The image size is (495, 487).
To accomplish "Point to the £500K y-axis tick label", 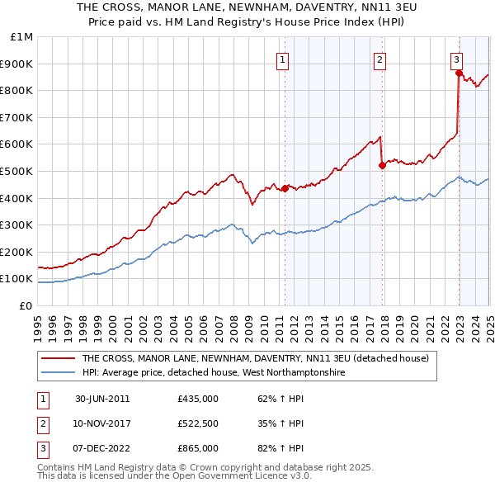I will click(x=19, y=171).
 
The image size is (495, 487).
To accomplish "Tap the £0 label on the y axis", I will click(x=26, y=305).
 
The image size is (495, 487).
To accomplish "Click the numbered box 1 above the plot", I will click(x=282, y=59).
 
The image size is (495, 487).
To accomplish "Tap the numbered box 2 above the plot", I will click(x=379, y=59).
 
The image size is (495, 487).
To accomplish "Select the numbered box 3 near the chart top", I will click(x=456, y=59).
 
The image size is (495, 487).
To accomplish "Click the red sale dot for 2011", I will click(x=285, y=188).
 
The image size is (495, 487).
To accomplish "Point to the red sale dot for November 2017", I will click(x=382, y=165).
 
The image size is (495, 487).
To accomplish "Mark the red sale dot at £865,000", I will click(x=459, y=73).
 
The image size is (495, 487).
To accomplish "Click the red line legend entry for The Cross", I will click(x=255, y=359).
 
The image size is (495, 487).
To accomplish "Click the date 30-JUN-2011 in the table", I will click(x=102, y=399).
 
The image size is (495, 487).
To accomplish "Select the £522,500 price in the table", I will click(x=197, y=423).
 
